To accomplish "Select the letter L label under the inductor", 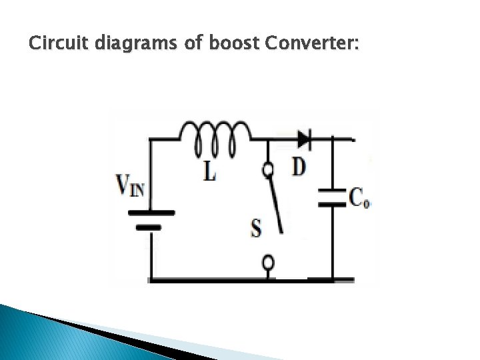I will click(209, 172).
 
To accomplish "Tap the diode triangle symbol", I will click(303, 139).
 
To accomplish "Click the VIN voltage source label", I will click(130, 185).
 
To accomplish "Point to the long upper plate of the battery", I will click(152, 213).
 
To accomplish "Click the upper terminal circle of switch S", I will click(268, 171).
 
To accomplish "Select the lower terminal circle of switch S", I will click(268, 262).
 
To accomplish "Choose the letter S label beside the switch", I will click(255, 229).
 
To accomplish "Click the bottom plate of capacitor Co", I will click(333, 204).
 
